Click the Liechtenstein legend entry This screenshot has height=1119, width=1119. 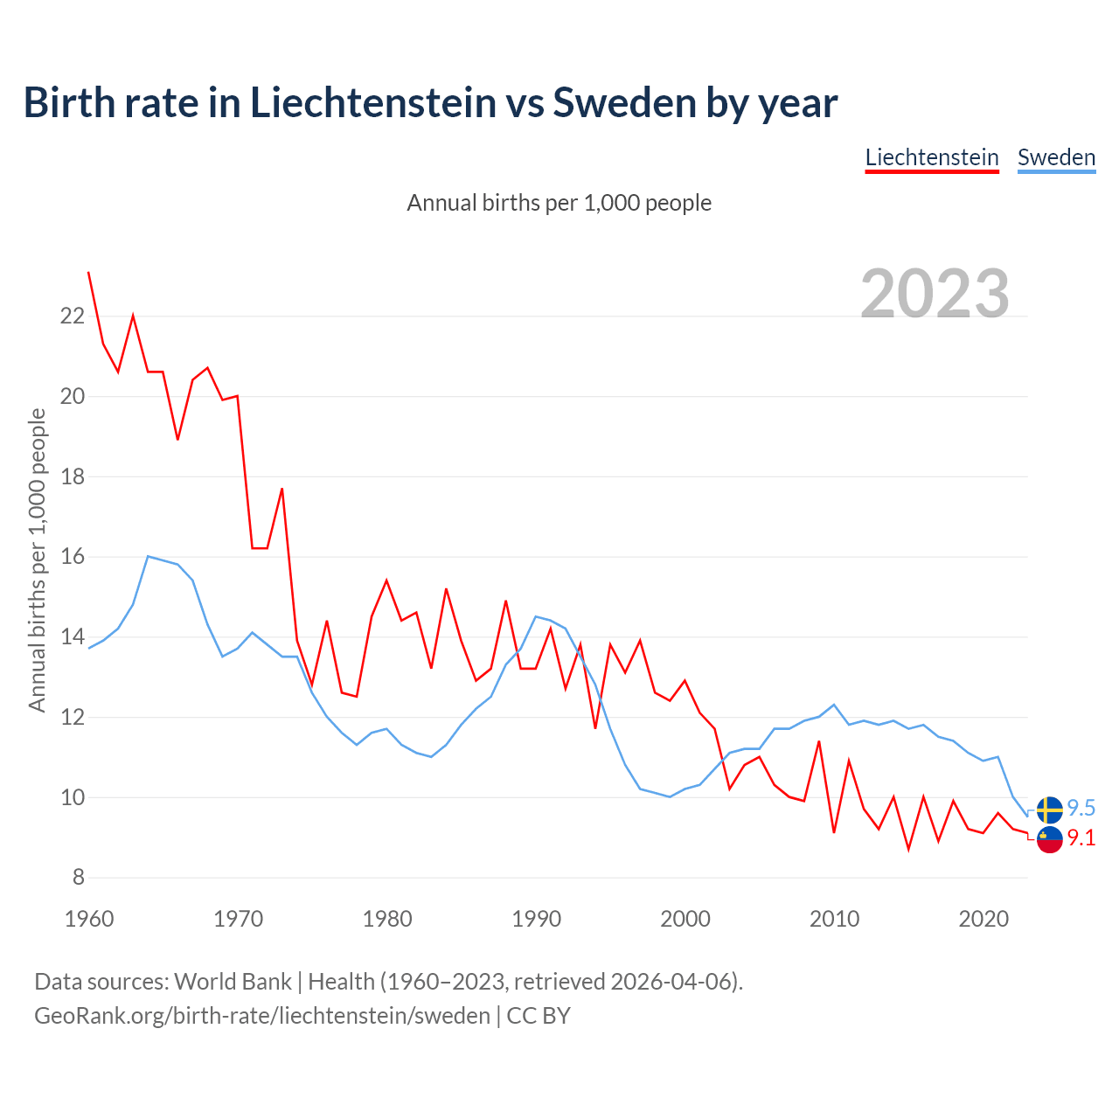(932, 157)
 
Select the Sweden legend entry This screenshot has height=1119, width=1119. (1056, 157)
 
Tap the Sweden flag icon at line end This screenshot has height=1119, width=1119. (1049, 810)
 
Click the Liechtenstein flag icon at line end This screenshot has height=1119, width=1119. (1049, 839)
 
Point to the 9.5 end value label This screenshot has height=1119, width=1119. (1081, 809)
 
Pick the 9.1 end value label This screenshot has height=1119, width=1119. (1081, 838)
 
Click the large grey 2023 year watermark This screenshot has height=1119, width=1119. (935, 294)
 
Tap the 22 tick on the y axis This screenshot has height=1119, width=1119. (72, 316)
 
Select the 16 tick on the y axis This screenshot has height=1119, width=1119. (72, 557)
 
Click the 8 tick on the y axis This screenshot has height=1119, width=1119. (78, 877)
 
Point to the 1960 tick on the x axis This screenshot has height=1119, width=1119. (89, 919)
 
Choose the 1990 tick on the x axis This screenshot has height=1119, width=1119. (536, 919)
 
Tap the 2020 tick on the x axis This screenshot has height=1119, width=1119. (983, 919)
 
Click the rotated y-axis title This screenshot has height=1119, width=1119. (37, 559)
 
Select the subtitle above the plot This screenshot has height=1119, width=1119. (559, 203)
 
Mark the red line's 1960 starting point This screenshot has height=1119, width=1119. (88, 273)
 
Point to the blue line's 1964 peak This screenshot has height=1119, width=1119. (148, 556)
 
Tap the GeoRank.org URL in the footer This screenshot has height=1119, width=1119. (262, 1016)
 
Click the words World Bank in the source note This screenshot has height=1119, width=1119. (233, 982)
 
